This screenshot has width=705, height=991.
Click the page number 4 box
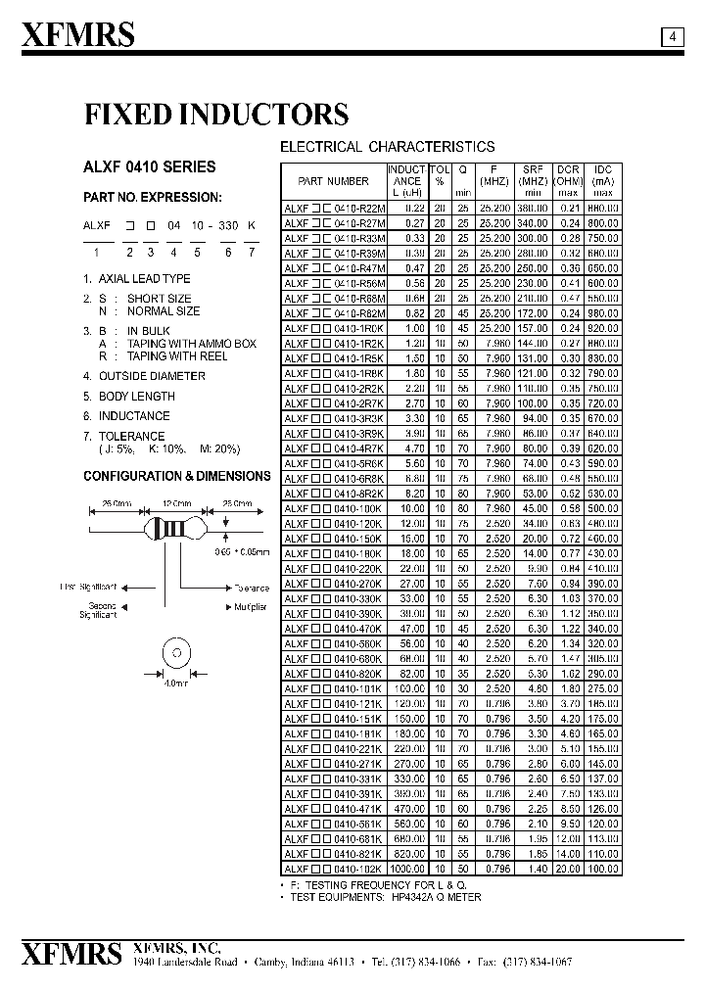coord(673,37)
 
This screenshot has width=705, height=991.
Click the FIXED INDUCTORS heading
coord(215,115)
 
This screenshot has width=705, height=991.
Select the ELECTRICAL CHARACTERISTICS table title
coord(388,147)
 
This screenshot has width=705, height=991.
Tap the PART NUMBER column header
coord(334,181)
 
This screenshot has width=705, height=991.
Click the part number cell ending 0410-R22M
coord(334,209)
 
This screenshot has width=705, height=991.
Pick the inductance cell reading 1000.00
coord(406,869)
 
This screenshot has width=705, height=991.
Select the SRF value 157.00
coord(533,328)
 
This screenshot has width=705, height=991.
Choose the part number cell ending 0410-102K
coord(334,869)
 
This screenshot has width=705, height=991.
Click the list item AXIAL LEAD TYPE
coord(145,279)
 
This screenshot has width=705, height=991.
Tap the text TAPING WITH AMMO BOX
coord(191,344)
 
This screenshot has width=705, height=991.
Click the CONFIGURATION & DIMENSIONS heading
coord(177,476)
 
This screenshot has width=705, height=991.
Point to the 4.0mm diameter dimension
coord(176,684)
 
